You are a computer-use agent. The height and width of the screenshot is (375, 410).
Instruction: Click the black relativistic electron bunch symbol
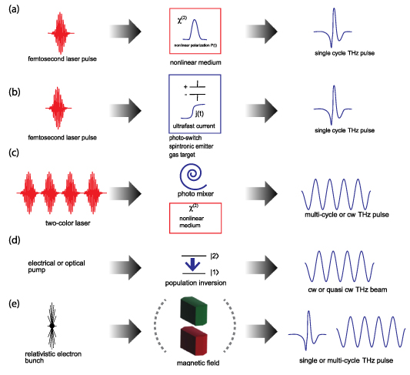(x=52, y=326)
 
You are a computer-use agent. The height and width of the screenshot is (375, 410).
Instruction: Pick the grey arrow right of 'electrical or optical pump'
(x=126, y=269)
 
